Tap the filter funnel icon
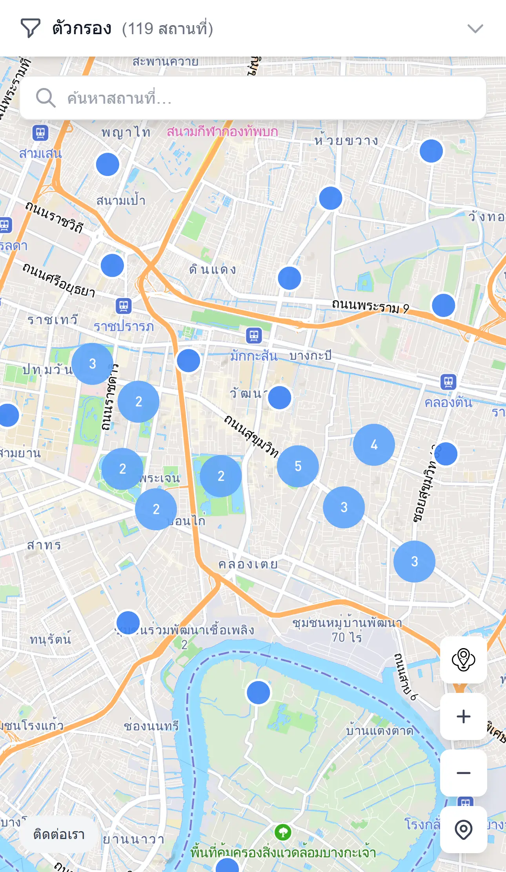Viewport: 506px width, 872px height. [x=30, y=28]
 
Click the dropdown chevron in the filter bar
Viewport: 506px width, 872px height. [x=475, y=29]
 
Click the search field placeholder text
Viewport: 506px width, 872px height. [x=119, y=98]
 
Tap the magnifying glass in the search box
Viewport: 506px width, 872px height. [x=46, y=98]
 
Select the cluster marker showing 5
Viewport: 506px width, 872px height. [x=298, y=466]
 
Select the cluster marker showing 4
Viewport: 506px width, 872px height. [x=374, y=445]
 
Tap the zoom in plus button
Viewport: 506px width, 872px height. [x=463, y=716]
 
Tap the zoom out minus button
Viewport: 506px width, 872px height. [x=463, y=773]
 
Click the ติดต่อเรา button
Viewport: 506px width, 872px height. [x=59, y=834]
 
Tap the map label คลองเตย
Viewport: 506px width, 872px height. [x=248, y=564]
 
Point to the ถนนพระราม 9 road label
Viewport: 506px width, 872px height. [x=370, y=306]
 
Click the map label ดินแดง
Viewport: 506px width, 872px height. [x=213, y=270]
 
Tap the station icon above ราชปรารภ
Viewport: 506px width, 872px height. [x=124, y=306]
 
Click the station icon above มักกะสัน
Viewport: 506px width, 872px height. [x=254, y=336]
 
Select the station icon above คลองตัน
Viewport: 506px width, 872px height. [x=448, y=381]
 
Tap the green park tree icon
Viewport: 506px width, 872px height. [x=283, y=832]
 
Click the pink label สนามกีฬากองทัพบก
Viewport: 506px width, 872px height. [x=222, y=132]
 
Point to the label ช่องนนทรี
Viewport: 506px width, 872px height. [x=151, y=725]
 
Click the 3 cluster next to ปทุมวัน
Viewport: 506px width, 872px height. [x=92, y=364]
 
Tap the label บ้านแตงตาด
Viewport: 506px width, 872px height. [x=380, y=731]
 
